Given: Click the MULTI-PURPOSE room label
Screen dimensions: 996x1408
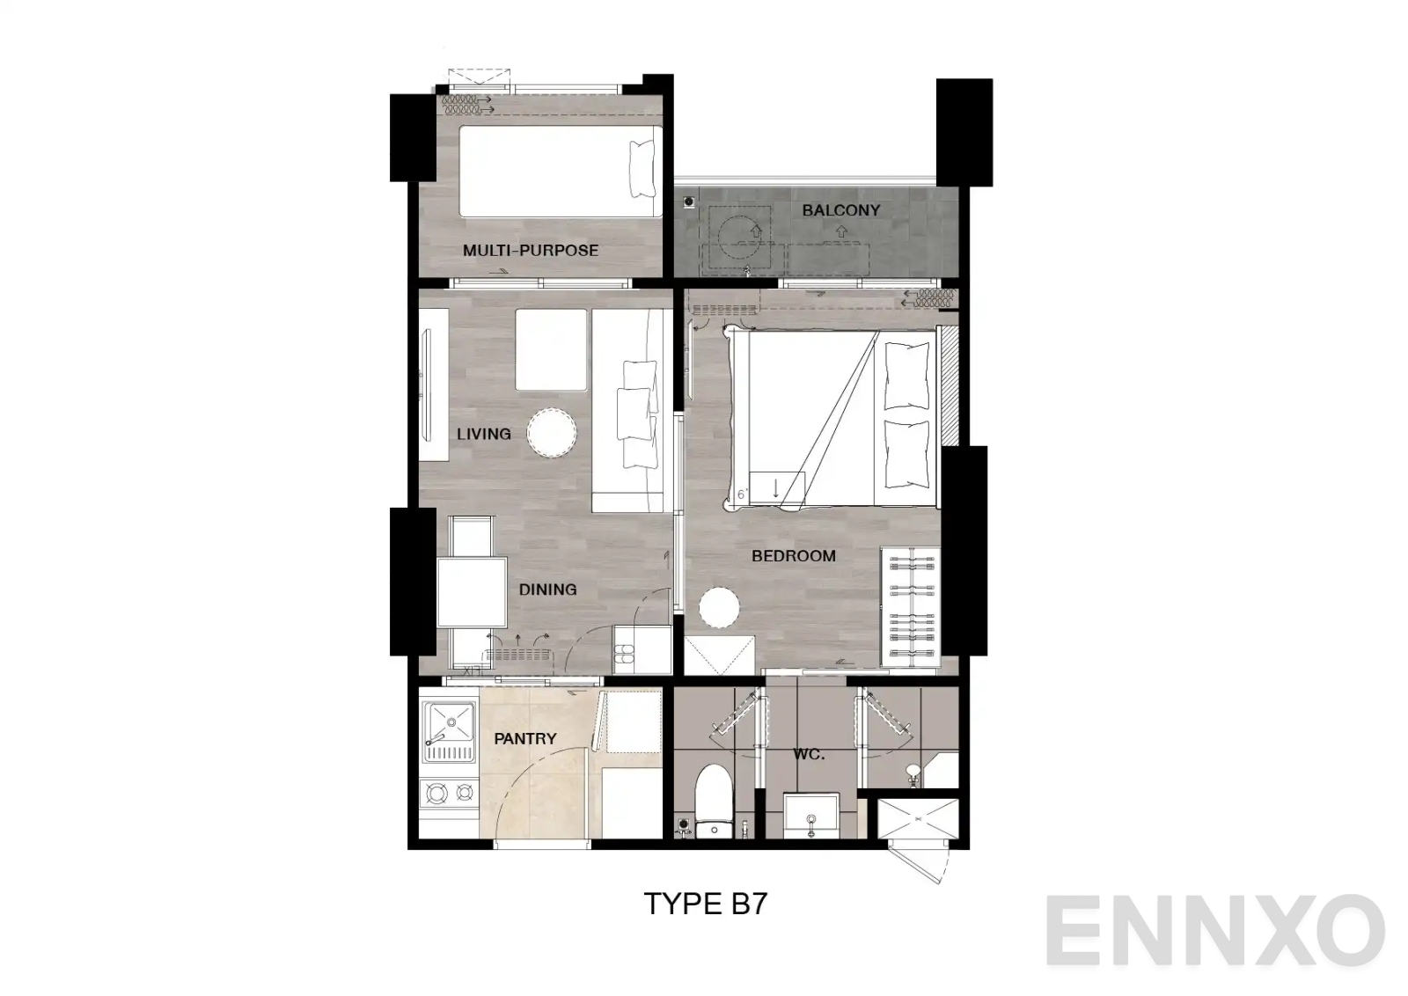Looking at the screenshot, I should [x=530, y=251].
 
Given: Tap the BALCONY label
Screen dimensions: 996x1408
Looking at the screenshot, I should [x=840, y=210].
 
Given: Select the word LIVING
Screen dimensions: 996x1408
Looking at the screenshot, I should [x=483, y=434].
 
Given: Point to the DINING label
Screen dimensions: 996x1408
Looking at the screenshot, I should [x=547, y=590].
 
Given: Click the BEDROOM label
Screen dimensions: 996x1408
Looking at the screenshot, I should [x=793, y=556].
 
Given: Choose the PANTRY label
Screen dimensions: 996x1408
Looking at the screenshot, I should [x=525, y=739].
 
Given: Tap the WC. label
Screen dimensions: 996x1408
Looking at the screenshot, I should [x=808, y=755].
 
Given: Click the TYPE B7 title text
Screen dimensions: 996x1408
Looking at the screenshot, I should [x=706, y=904].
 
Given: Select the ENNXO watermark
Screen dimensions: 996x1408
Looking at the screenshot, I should [x=1215, y=932].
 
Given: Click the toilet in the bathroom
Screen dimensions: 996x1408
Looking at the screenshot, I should [x=712, y=798].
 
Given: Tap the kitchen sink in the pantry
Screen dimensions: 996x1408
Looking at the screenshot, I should [x=448, y=730].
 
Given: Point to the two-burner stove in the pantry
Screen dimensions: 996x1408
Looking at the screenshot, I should [x=448, y=795].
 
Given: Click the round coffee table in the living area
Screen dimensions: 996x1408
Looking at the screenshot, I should [x=552, y=432].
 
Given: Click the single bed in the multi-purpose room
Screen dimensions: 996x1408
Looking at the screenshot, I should [x=561, y=172].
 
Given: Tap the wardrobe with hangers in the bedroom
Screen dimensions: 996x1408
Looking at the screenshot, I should [x=910, y=605].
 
